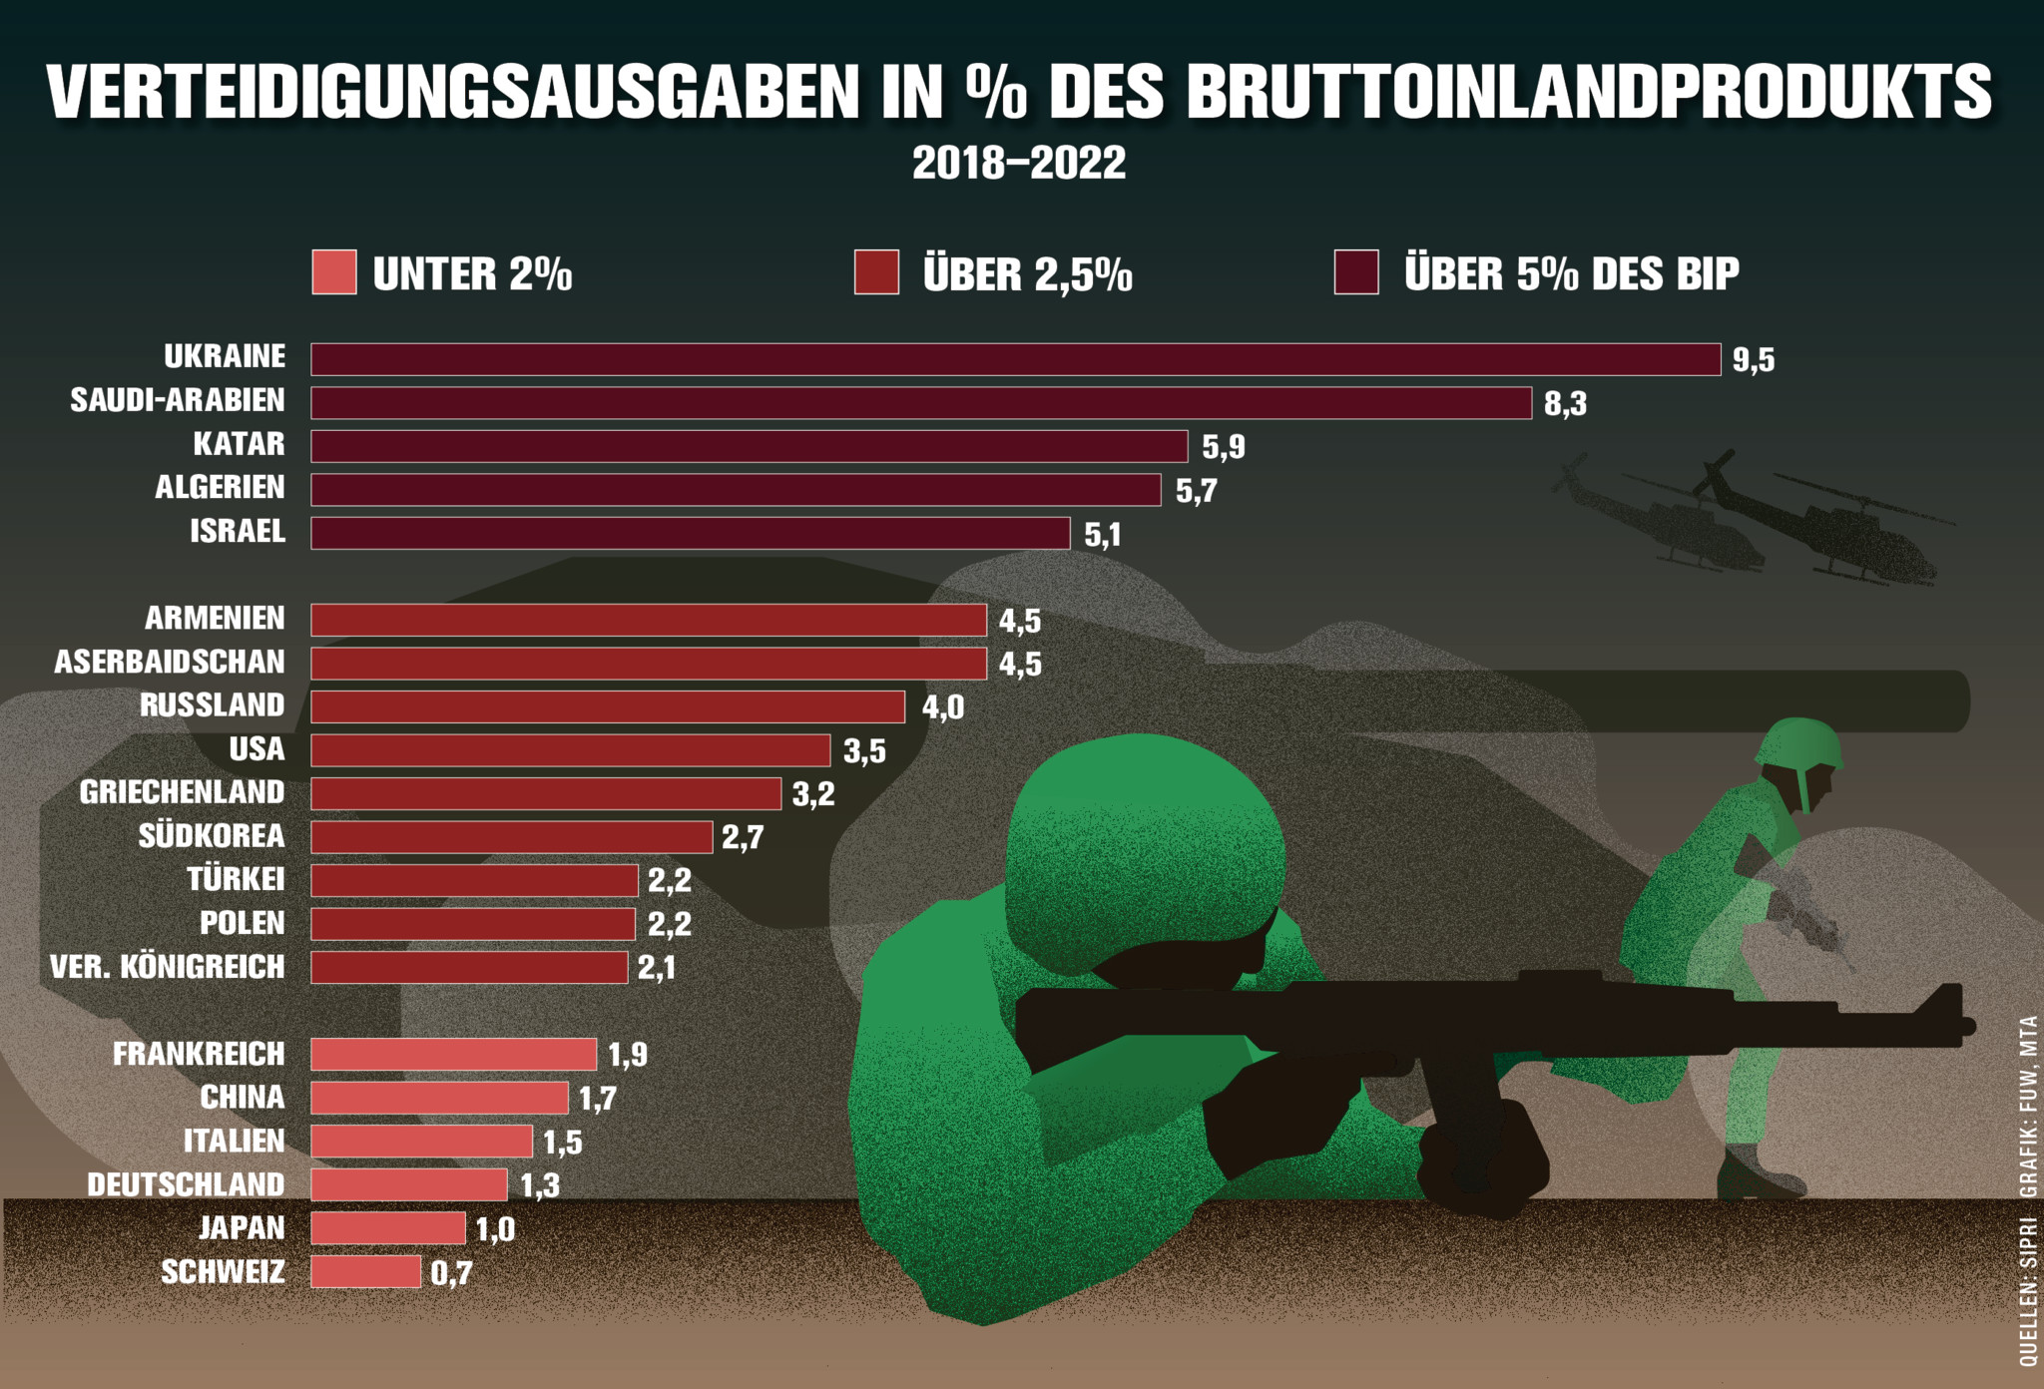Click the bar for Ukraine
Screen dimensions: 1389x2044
pyautogui.click(x=1015, y=359)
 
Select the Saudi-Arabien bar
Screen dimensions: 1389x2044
pyautogui.click(x=920, y=403)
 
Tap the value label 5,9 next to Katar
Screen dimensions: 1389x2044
pyautogui.click(x=1223, y=447)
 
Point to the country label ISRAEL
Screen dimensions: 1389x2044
pyautogui.click(x=238, y=531)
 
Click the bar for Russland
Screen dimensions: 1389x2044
pyautogui.click(x=608, y=706)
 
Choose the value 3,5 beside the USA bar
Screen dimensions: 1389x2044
pyautogui.click(x=864, y=751)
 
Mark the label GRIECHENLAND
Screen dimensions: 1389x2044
pyautogui.click(x=183, y=792)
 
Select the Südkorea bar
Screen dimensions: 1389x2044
pyautogui.click(x=511, y=837)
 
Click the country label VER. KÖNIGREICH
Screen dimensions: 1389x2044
pyautogui.click(x=168, y=967)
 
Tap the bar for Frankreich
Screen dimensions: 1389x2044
pyautogui.click(x=453, y=1055)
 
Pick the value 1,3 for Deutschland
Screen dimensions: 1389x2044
pyautogui.click(x=540, y=1185)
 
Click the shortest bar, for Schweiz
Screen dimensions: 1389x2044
pyautogui.click(x=365, y=1272)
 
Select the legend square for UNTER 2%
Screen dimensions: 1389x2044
pyautogui.click(x=333, y=272)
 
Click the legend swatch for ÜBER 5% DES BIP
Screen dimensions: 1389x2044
pyautogui.click(x=1356, y=272)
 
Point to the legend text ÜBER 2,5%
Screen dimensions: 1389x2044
pyautogui.click(x=1028, y=274)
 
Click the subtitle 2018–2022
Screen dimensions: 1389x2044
pyautogui.click(x=1019, y=163)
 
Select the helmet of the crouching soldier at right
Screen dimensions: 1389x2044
pyautogui.click(x=1797, y=744)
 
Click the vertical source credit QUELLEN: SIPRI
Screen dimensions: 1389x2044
pyautogui.click(x=2028, y=1292)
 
